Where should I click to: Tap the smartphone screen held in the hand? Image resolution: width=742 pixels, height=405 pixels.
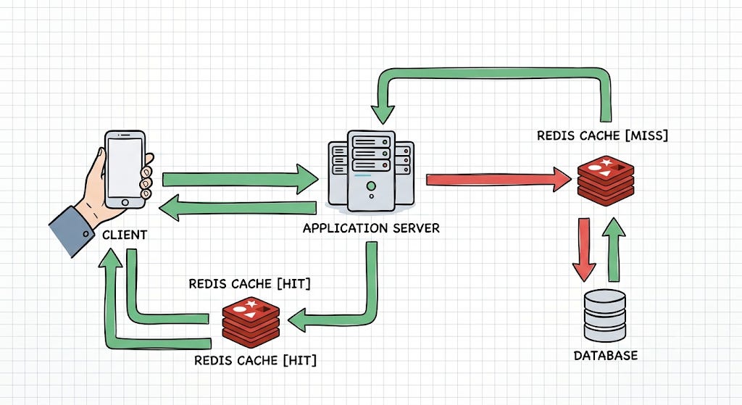(x=125, y=167)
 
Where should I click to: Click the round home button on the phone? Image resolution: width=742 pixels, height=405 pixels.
(x=125, y=203)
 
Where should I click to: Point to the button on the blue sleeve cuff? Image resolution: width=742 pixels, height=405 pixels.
(x=86, y=233)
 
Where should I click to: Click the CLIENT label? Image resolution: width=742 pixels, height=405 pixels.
(x=125, y=235)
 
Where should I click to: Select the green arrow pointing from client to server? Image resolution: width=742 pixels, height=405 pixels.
(x=241, y=180)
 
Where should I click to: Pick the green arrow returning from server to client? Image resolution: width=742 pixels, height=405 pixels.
(x=238, y=208)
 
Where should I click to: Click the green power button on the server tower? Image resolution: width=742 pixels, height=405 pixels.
(x=372, y=185)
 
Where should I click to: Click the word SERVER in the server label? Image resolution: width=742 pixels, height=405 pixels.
(x=414, y=228)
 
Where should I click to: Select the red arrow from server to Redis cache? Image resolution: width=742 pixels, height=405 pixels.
(x=499, y=180)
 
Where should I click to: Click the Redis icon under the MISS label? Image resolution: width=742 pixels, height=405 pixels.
(x=606, y=180)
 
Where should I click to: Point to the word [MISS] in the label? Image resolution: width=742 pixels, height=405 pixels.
(x=646, y=135)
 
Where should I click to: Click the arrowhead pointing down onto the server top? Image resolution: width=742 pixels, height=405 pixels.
(x=383, y=114)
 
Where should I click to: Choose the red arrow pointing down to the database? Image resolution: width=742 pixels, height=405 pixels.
(x=584, y=250)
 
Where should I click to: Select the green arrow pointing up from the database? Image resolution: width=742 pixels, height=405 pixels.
(x=614, y=250)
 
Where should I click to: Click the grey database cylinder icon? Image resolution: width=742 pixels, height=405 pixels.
(x=605, y=316)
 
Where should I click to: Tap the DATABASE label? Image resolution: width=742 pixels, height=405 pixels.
(x=606, y=355)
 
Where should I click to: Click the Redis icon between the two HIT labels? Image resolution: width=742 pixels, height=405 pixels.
(x=251, y=322)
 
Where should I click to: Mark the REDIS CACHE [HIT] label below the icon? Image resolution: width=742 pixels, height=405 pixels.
(x=256, y=361)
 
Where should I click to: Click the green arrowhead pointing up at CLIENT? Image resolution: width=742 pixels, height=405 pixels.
(x=111, y=257)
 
